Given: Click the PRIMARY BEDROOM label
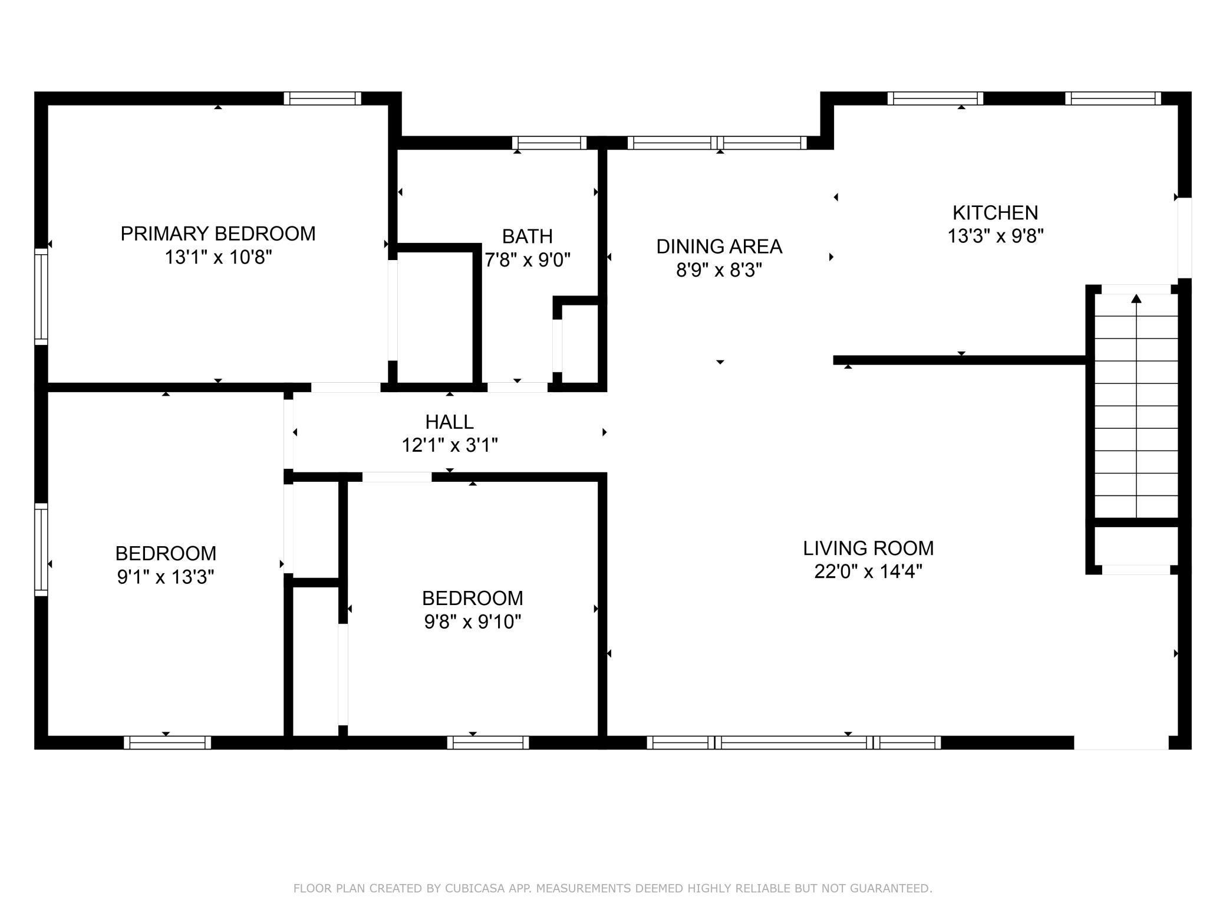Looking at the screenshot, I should (x=217, y=234).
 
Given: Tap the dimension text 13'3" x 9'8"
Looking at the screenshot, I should (x=995, y=236).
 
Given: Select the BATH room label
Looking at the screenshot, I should (x=527, y=236).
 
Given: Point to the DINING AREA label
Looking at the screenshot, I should (x=719, y=247).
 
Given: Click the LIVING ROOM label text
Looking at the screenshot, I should (x=868, y=548).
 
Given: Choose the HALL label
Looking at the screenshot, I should (x=449, y=422).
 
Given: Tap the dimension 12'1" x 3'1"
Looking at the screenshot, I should (x=449, y=445).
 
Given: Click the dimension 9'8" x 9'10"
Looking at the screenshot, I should (x=473, y=622).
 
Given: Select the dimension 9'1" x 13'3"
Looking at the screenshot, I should (x=165, y=577).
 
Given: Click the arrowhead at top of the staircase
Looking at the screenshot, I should (x=1136, y=299).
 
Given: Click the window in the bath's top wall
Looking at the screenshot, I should (x=549, y=143).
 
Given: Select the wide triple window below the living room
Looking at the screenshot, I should (x=793, y=742).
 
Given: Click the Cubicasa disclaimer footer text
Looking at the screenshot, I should (x=612, y=888).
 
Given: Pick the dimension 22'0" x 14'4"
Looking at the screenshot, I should (x=868, y=571).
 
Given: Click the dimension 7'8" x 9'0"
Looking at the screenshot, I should (x=527, y=259).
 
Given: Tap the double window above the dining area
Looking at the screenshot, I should (x=717, y=143).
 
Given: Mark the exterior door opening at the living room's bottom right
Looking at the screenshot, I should (x=1121, y=742).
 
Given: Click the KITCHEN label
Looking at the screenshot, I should (x=995, y=212).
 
